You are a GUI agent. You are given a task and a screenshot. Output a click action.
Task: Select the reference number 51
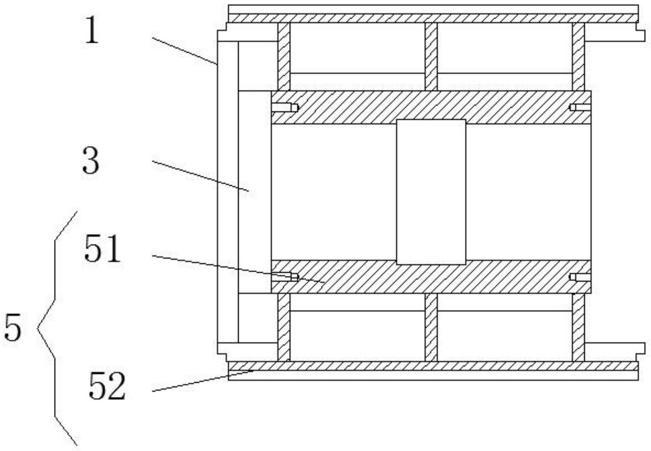pyautogui.click(x=102, y=250)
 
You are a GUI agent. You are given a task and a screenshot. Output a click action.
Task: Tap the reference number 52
pyautogui.click(x=107, y=387)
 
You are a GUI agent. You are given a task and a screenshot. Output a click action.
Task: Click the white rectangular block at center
pyautogui.click(x=431, y=192)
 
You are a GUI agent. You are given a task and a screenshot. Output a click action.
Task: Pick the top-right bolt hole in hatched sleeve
pyautogui.click(x=580, y=108)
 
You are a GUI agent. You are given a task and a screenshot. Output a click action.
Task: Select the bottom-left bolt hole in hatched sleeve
pyautogui.click(x=285, y=277)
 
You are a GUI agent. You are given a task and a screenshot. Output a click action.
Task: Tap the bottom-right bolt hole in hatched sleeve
pyautogui.click(x=580, y=277)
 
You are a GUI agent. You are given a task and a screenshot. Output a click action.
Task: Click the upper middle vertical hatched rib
pyautogui.click(x=431, y=56)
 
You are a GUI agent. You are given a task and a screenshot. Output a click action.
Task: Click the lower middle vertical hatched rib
pyautogui.click(x=431, y=327)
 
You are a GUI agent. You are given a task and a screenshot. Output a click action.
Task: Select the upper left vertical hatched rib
pyautogui.click(x=284, y=56)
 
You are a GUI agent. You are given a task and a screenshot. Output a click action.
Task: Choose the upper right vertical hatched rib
pyautogui.click(x=578, y=56)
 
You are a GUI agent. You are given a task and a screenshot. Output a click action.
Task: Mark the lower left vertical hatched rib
pyautogui.click(x=284, y=327)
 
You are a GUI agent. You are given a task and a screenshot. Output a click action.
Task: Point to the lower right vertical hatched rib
pyautogui.click(x=578, y=327)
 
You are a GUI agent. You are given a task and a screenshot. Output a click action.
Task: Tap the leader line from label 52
pyautogui.click(x=201, y=381)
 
